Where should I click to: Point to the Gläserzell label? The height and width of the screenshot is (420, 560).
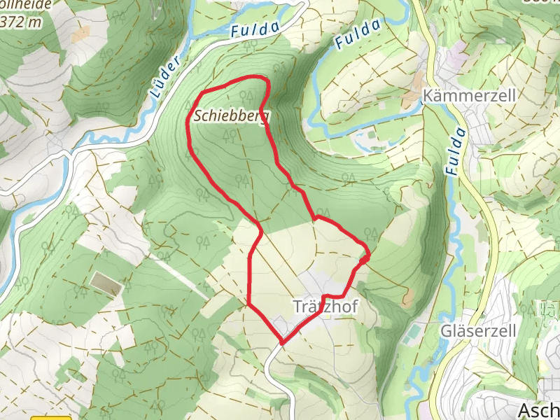(479, 330)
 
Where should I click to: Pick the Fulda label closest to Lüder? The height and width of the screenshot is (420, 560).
(255, 29)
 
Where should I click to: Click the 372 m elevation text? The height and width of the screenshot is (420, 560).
(21, 22)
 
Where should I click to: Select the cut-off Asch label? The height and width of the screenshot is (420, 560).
(538, 409)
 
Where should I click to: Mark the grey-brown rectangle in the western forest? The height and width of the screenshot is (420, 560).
(105, 283)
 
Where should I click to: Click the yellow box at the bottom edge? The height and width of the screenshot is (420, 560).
(50, 418)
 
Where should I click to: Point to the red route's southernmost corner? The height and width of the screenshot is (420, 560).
(282, 343)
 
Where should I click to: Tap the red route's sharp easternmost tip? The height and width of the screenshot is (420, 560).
(369, 257)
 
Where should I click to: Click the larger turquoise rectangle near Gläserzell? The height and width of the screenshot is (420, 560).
(413, 329)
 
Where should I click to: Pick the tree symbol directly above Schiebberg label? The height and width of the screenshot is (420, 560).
(244, 96)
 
